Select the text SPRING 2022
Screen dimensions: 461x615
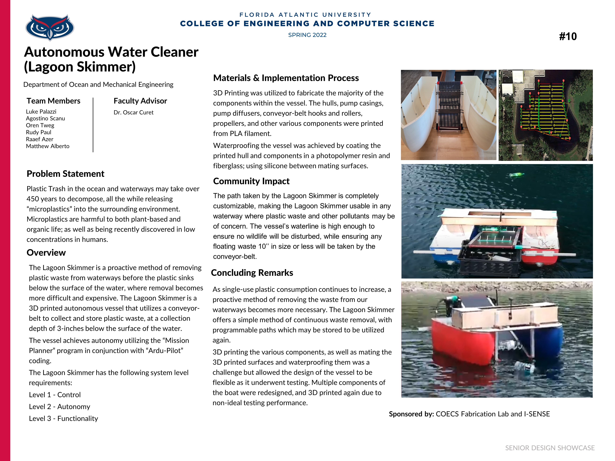pos(307,35)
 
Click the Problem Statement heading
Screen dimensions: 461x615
pos(65,174)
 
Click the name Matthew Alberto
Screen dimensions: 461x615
pos(48,146)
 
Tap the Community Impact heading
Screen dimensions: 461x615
pos(251,181)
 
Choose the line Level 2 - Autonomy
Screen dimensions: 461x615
pos(60,407)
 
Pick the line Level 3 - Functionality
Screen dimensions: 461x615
pos(63,418)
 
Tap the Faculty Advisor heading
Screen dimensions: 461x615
pos(140,101)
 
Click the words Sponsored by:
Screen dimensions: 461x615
pos(411,414)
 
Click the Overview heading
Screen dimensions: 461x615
pos(46,253)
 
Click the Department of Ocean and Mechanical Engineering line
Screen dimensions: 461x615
pos(98,84)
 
